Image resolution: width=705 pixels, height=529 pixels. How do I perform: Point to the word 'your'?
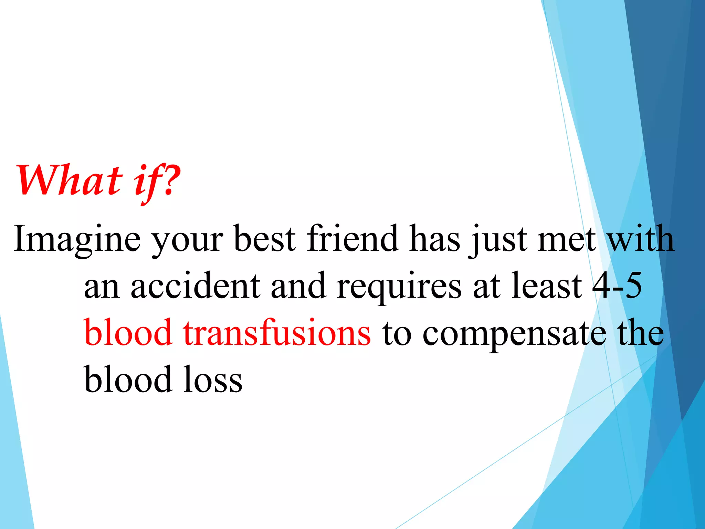coord(188,241)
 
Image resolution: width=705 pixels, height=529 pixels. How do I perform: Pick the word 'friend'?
coord(352,238)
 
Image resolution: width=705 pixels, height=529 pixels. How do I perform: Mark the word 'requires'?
coord(399,288)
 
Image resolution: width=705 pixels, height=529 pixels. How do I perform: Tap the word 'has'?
coord(435,238)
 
